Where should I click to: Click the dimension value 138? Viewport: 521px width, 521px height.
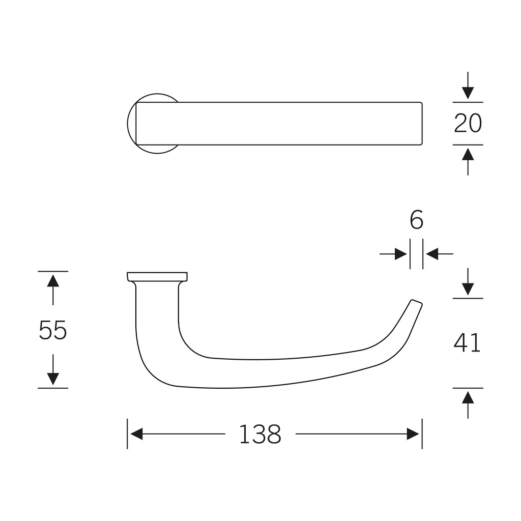[x=260, y=435]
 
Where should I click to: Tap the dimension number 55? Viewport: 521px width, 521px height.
[x=53, y=330]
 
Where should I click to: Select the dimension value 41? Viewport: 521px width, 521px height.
[x=467, y=342]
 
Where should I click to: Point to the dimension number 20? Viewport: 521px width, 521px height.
[x=468, y=123]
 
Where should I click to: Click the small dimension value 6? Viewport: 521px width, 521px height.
[x=416, y=220]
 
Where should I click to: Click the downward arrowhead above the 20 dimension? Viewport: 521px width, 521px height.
[x=468, y=93]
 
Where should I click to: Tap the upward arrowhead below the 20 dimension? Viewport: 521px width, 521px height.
[x=468, y=154]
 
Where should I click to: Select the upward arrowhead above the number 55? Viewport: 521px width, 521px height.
[x=53, y=281]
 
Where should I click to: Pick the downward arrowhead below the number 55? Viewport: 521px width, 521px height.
[x=53, y=379]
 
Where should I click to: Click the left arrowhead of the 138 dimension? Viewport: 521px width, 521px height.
[x=136, y=434]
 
